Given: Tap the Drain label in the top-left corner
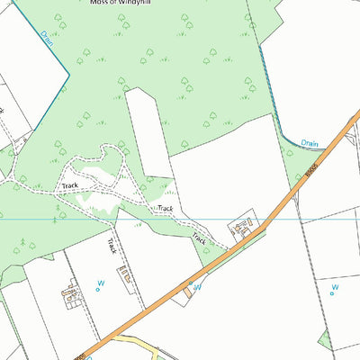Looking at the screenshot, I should [x=47, y=39].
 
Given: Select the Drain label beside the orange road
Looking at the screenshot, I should [x=310, y=142].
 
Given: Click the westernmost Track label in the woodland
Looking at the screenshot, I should [x=70, y=185].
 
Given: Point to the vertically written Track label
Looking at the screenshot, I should [x=112, y=246].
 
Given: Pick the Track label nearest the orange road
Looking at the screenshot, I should [x=199, y=240].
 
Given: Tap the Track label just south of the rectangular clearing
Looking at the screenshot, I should [x=163, y=209].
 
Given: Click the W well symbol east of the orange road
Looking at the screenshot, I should [x=334, y=289].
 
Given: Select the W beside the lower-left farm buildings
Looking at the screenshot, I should [x=100, y=288].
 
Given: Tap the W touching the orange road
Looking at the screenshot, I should [x=193, y=288].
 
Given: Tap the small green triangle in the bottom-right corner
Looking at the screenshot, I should [x=324, y=338].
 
